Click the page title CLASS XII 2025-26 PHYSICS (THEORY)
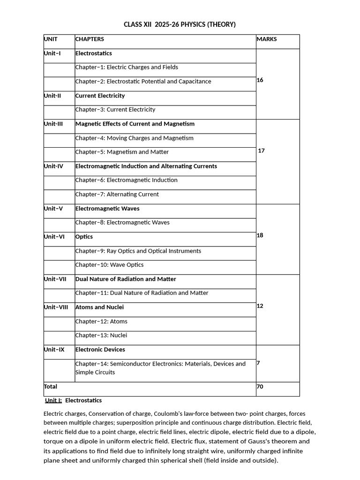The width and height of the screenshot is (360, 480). click(x=180, y=24)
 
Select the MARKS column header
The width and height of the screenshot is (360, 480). click(x=267, y=39)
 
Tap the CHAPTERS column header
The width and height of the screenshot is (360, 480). click(x=90, y=39)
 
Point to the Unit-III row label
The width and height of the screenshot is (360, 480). click(x=53, y=124)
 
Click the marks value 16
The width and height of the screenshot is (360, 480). click(x=260, y=80)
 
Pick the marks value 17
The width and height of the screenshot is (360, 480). click(x=262, y=151)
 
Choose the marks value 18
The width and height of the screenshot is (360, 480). click(x=260, y=235)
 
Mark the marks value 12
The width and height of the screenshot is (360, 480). click(x=260, y=306)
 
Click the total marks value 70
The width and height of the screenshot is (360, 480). click(x=260, y=387)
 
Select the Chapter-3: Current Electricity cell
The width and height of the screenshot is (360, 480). click(x=115, y=110)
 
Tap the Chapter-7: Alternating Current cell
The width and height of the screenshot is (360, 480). click(x=117, y=195)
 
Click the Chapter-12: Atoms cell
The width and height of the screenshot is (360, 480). click(x=101, y=322)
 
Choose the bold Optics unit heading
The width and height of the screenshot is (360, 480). click(x=84, y=237)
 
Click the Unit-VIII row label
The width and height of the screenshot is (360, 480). click(x=56, y=307)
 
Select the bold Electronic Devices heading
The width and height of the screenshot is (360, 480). click(x=100, y=350)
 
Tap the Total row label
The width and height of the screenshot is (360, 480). click(x=51, y=387)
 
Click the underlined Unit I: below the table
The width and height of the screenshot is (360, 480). click(x=53, y=401)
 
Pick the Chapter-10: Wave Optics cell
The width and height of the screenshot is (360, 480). click(x=110, y=265)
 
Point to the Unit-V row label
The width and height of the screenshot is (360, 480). click(x=53, y=209)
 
